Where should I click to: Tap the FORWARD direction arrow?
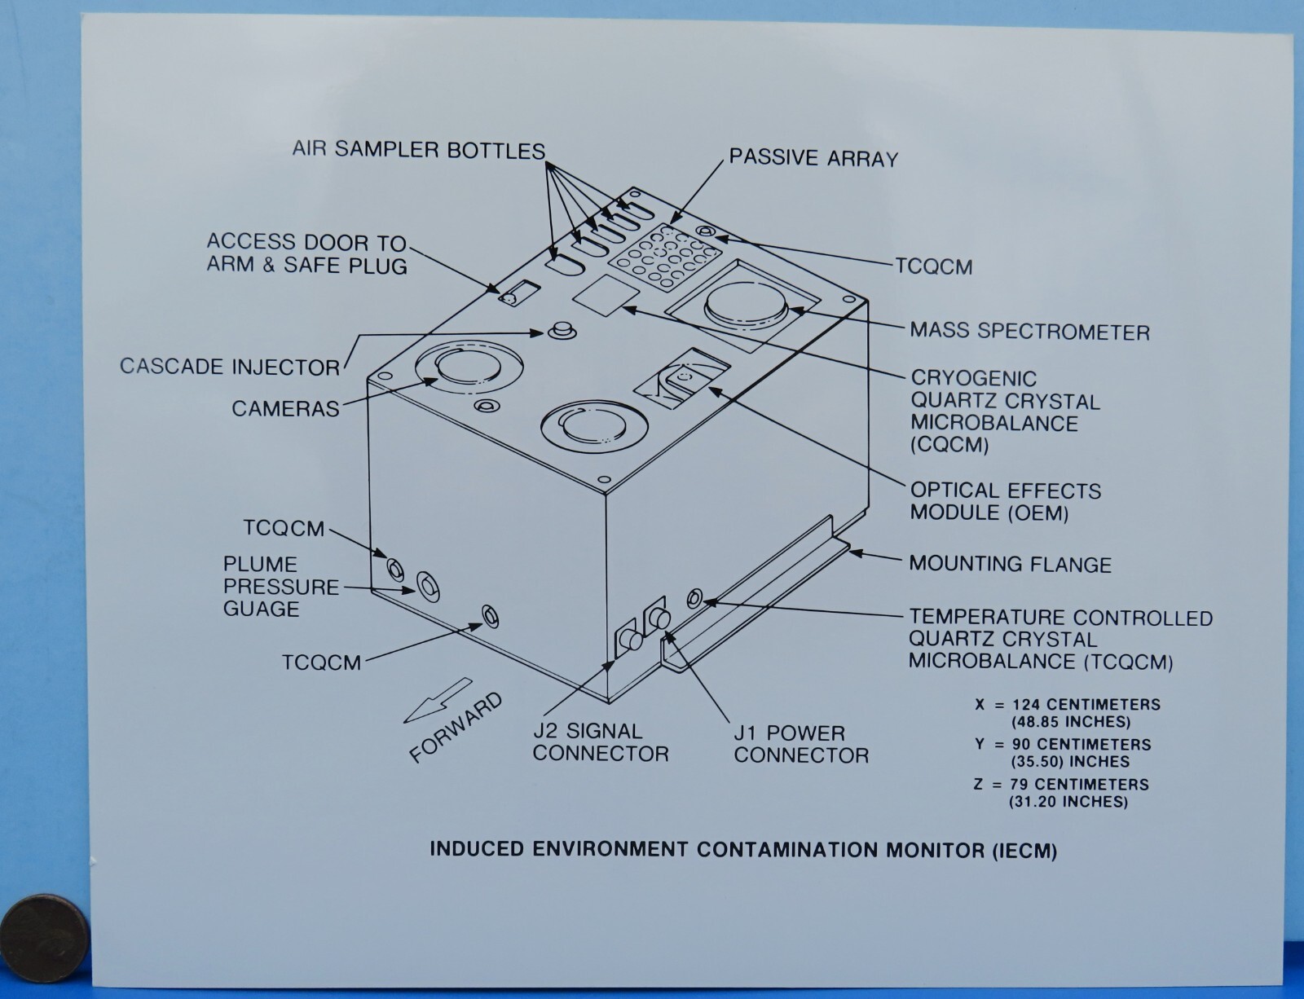438,700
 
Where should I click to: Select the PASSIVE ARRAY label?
813,158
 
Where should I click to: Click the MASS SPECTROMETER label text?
1029,331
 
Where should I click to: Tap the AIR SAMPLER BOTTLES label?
418,149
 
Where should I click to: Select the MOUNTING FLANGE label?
1010,564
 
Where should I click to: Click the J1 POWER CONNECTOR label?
801,743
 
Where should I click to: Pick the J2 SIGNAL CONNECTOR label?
600,742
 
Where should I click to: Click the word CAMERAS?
285,408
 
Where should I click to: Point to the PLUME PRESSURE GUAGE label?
281,586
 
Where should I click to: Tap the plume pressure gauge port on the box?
429,586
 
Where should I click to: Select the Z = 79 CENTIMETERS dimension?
1061,784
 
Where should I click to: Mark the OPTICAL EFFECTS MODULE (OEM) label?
1006,502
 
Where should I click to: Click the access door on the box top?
519,293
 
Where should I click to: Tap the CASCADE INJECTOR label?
230,366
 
